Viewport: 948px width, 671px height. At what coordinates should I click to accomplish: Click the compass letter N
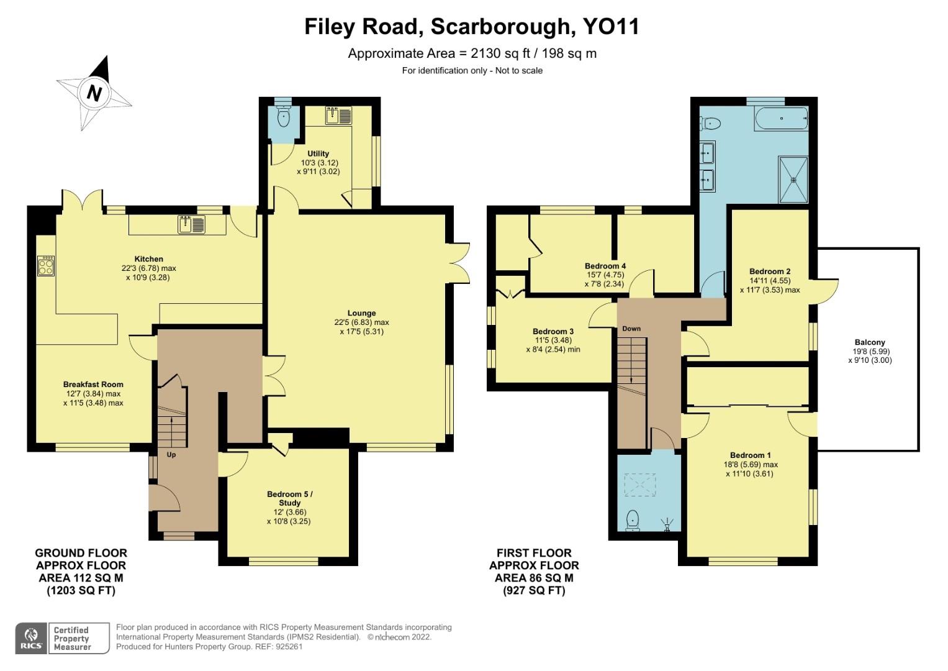[x=94, y=93]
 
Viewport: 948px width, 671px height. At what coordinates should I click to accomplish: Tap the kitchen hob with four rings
[x=46, y=266]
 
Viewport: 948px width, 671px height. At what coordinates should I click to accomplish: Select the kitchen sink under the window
[x=192, y=224]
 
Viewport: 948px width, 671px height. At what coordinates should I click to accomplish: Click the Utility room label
[x=318, y=153]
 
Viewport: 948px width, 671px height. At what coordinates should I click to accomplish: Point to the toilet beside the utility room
[x=284, y=119]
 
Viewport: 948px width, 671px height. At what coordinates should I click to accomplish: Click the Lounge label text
[x=361, y=313]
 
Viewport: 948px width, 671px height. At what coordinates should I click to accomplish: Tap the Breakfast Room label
[x=93, y=385]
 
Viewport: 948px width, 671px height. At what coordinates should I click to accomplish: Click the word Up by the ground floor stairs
[x=171, y=455]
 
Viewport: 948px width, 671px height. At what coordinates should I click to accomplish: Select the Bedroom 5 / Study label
[x=289, y=498]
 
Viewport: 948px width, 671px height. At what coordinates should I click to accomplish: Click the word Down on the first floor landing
[x=631, y=329]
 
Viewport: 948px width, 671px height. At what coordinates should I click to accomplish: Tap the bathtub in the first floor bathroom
[x=781, y=118]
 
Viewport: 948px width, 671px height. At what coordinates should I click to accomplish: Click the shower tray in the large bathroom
[x=793, y=179]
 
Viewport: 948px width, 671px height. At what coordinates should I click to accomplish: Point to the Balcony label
[x=869, y=342]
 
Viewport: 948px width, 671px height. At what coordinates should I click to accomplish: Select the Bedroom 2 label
[x=769, y=272]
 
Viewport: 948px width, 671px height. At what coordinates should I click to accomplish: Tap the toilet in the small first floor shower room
[x=633, y=519]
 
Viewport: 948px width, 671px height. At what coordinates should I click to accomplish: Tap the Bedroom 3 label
[x=553, y=331]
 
